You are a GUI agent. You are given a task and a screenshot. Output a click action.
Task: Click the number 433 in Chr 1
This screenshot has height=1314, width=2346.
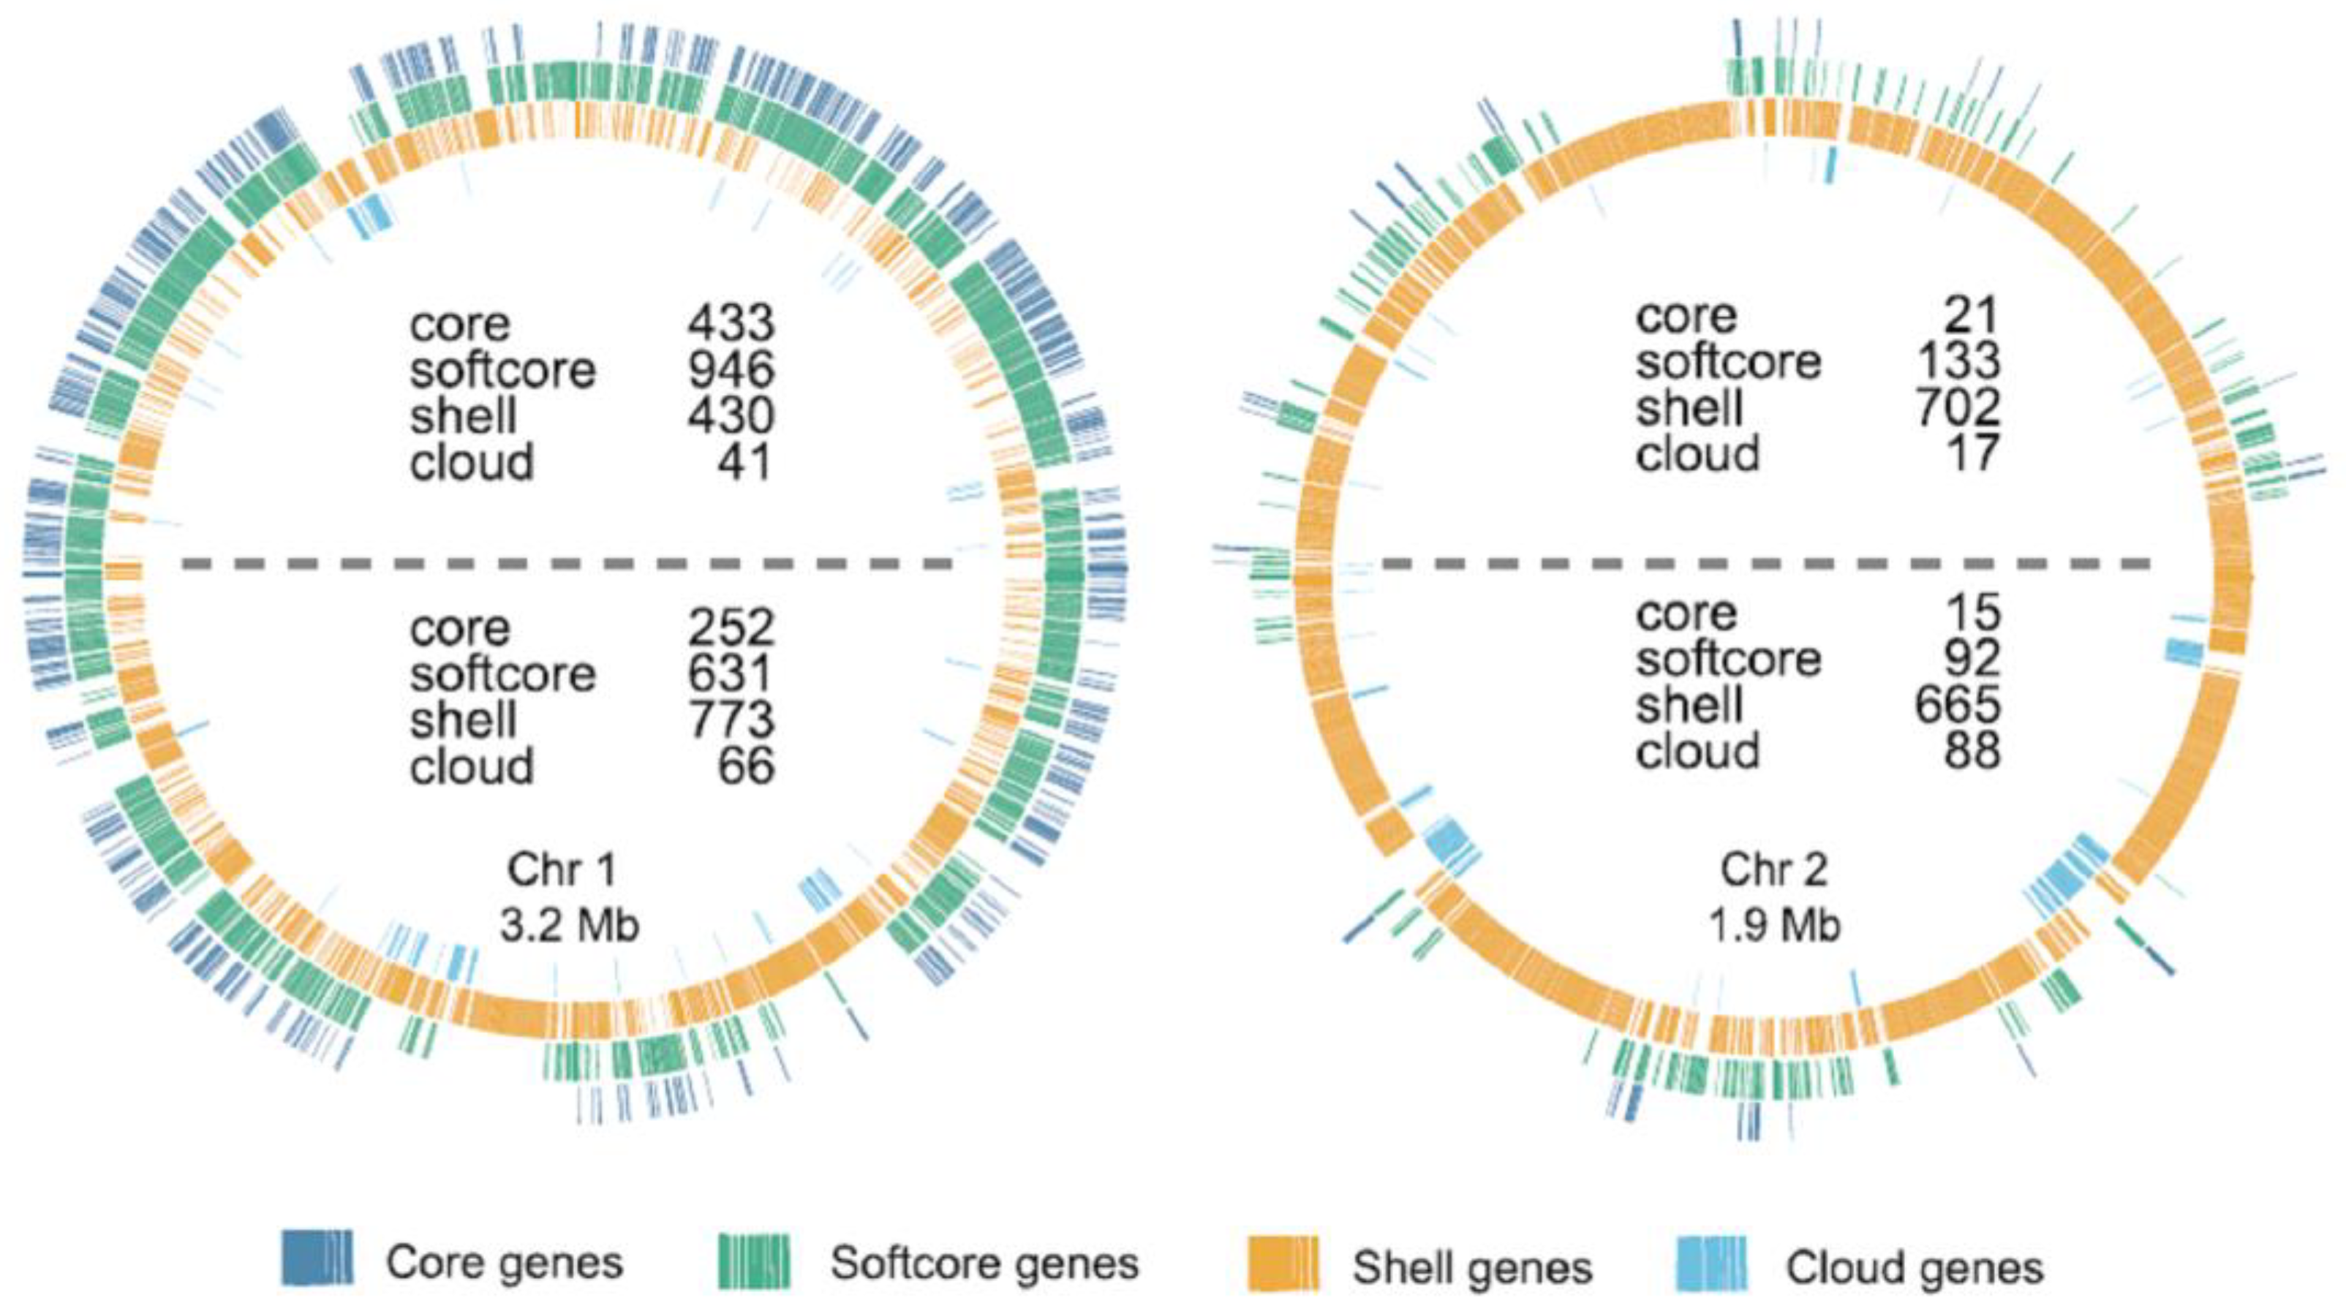coord(731,322)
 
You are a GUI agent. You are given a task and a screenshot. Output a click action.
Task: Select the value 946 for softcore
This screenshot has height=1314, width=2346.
coord(731,369)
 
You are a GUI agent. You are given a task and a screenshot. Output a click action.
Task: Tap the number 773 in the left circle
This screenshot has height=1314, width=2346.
coord(731,720)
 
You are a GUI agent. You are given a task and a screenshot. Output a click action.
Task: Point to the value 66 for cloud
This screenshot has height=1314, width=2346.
coord(746,766)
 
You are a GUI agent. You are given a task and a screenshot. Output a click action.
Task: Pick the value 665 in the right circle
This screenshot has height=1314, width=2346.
coord(1957,704)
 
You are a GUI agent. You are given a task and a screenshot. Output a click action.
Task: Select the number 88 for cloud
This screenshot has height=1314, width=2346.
coord(1972,750)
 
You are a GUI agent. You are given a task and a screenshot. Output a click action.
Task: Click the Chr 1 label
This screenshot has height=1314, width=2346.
coord(562,869)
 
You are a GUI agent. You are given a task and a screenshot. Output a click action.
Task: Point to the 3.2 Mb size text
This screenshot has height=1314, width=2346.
coord(569,926)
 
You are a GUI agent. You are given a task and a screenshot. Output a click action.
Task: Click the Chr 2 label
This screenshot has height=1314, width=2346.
coord(1773,869)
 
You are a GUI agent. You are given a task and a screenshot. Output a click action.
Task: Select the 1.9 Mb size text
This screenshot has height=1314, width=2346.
coord(1773,926)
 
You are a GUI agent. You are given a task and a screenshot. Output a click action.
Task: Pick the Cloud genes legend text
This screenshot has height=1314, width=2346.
coord(1915,1266)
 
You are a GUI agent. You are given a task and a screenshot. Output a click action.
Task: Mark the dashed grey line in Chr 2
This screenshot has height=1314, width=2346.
coord(1767,565)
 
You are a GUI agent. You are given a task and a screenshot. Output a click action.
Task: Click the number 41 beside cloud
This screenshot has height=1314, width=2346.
coord(746,461)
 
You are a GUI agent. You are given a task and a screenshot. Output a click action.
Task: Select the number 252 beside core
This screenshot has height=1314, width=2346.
coord(731,627)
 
